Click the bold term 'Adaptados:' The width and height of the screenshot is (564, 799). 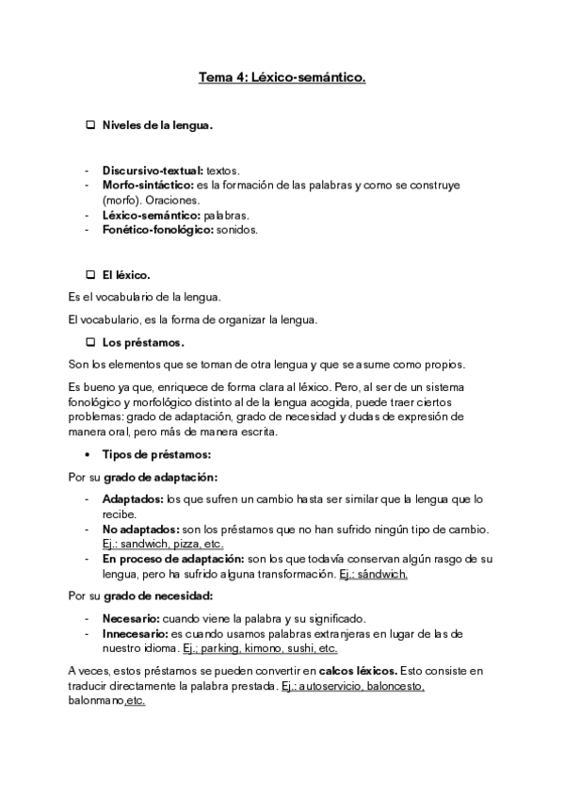click(132, 498)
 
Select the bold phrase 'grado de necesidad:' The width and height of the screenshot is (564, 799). click(164, 596)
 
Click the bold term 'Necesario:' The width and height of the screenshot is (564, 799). click(131, 619)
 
